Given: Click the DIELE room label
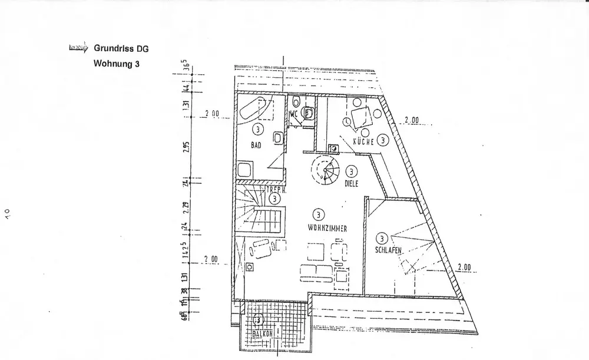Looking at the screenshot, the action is [x=352, y=183].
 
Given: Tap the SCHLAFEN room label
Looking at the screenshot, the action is [x=388, y=250].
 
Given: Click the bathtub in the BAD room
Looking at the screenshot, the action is [x=254, y=110].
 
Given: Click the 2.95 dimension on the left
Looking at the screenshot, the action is [x=186, y=146].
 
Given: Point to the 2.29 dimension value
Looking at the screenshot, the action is [x=186, y=207].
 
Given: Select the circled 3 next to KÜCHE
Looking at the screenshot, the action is [x=383, y=140].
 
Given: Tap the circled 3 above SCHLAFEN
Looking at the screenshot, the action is [x=382, y=239].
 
